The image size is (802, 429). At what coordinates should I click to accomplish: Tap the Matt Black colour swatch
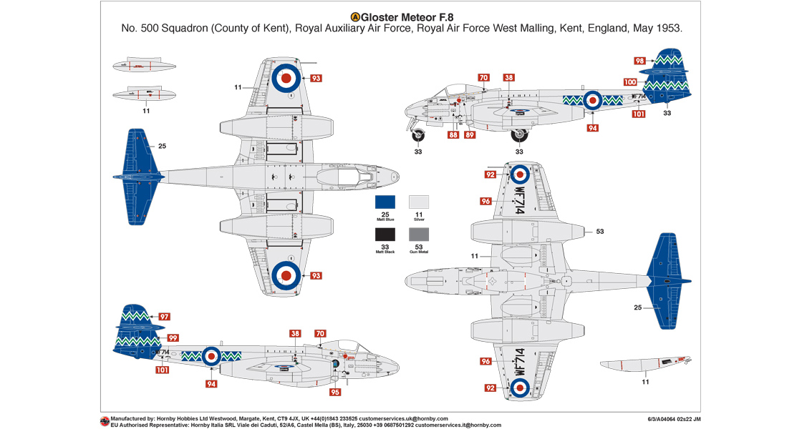pos(385,235)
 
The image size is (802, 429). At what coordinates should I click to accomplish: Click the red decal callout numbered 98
pos(640,61)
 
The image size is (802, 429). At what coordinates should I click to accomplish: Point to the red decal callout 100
pos(630,82)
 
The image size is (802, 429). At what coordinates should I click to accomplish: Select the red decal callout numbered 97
pos(164,317)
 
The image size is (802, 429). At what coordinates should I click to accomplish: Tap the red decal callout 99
pos(173,337)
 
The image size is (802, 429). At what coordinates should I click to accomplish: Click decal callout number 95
pos(335,392)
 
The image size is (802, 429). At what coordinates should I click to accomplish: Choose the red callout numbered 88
pos(453,134)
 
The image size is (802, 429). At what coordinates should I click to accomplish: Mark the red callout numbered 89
pos(469,134)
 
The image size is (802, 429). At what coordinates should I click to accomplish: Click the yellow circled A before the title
pos(354,16)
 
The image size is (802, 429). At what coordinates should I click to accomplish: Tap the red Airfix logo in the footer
pos(105,421)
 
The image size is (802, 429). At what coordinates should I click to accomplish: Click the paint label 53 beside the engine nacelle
pos(600,232)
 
